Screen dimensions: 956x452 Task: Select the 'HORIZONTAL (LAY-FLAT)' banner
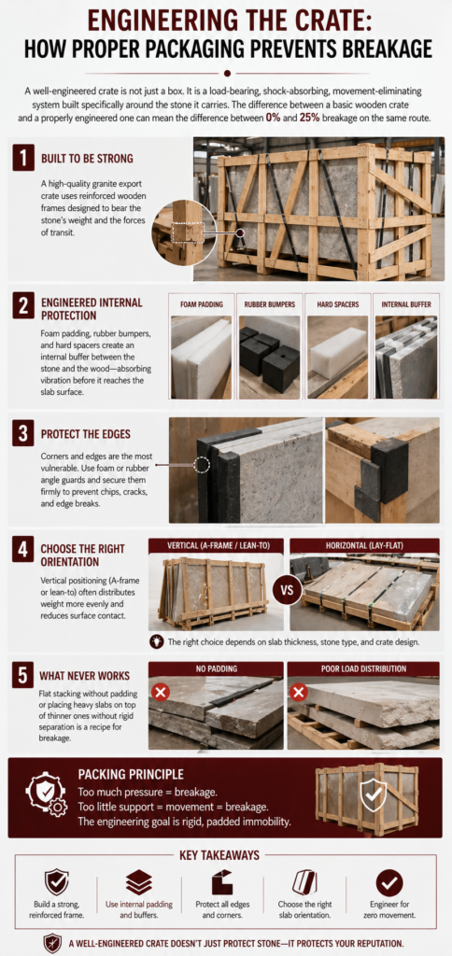(364, 544)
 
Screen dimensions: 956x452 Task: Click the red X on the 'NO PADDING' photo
(161, 693)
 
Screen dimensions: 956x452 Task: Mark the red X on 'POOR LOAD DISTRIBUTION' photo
(299, 693)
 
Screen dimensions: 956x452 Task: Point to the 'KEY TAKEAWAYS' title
(225, 854)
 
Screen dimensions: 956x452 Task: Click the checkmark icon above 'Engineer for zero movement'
(388, 882)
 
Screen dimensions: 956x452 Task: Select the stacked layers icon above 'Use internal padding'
(138, 882)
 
